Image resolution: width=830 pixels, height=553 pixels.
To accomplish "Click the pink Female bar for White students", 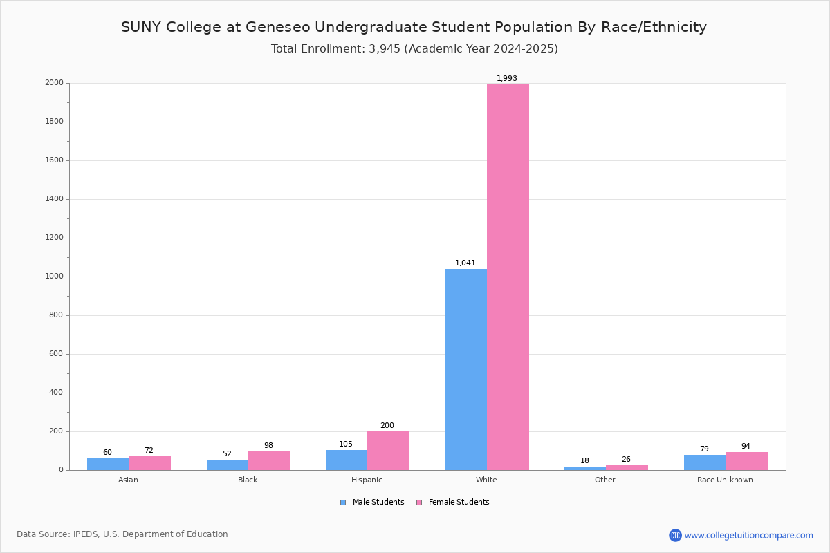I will pyautogui.click(x=508, y=276).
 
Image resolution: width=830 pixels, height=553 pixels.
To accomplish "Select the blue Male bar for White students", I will pyautogui.click(x=466, y=369).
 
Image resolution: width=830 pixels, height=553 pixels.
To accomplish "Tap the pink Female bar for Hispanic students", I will pyautogui.click(x=388, y=451).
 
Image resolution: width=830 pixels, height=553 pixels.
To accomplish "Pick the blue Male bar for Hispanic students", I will pyautogui.click(x=347, y=460).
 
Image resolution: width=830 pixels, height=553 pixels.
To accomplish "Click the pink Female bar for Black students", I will pyautogui.click(x=269, y=461).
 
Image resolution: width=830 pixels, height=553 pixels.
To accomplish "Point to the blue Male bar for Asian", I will pyautogui.click(x=108, y=464).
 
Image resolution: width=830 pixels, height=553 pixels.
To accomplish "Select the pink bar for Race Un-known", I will pyautogui.click(x=746, y=461).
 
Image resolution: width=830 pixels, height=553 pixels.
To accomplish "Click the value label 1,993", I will pyautogui.click(x=507, y=79).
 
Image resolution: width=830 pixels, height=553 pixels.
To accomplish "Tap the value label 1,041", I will pyautogui.click(x=465, y=263).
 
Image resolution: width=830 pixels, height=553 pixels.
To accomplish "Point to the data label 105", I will pyautogui.click(x=346, y=444).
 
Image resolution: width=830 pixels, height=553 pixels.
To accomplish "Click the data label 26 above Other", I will pyautogui.click(x=626, y=460).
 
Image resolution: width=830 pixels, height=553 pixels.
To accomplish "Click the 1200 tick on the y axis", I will pyautogui.click(x=55, y=238).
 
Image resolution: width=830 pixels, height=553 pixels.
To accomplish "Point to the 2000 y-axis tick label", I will pyautogui.click(x=55, y=83).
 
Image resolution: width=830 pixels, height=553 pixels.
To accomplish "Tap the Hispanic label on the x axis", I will pyautogui.click(x=367, y=480).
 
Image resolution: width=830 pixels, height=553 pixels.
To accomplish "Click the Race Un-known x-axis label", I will pyautogui.click(x=725, y=480).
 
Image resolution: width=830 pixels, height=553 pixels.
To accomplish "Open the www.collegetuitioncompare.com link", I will pyautogui.click(x=748, y=535).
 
